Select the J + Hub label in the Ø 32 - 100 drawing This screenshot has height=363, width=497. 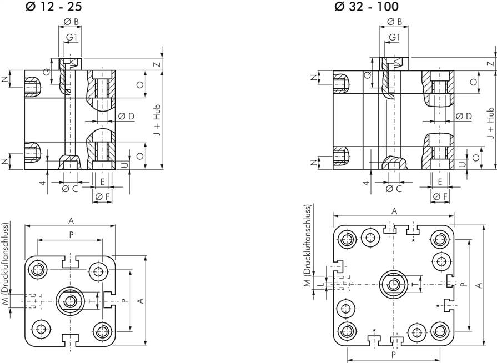pyautogui.click(x=490, y=123)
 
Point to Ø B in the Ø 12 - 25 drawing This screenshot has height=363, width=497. pyautogui.click(x=71, y=22)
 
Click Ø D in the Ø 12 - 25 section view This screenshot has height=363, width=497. pyautogui.click(x=127, y=116)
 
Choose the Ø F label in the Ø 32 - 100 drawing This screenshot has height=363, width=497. pyautogui.click(x=440, y=196)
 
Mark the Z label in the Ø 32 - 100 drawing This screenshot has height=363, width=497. pyautogui.click(x=490, y=64)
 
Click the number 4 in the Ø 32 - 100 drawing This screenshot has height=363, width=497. pyautogui.click(x=366, y=183)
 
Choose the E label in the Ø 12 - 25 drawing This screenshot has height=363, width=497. pyautogui.click(x=103, y=181)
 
